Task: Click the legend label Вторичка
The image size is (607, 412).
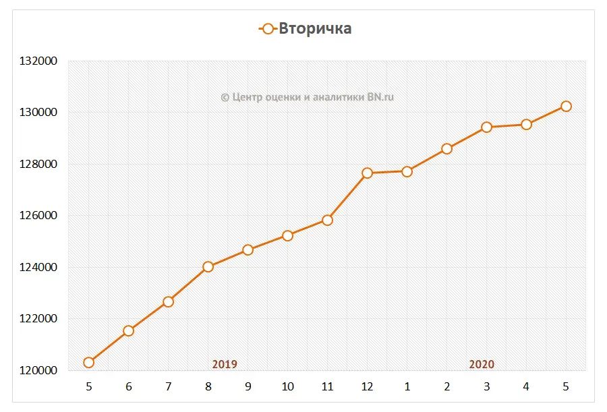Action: pos(315,28)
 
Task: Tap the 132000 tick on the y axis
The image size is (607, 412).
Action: pos(38,61)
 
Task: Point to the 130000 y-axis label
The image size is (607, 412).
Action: pos(38,113)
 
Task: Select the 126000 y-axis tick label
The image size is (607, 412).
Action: pos(38,216)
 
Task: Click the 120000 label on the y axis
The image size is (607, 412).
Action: pos(38,371)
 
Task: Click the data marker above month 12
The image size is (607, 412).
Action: pos(367,173)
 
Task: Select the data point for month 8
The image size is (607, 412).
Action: pos(208,266)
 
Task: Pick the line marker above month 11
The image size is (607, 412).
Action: pos(327,220)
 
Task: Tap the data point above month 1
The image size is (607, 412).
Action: pos(407,171)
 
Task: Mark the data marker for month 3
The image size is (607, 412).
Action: pos(486,127)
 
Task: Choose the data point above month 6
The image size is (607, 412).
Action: pos(128,330)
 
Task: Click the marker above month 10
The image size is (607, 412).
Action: pos(287,235)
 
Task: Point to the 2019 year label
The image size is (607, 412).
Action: pos(225,364)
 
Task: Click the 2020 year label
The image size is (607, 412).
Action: pos(482,364)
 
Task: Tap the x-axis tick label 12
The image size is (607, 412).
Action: pos(367,387)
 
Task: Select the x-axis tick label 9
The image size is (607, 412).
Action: pos(248,387)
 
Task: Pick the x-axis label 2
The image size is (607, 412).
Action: pos(446,387)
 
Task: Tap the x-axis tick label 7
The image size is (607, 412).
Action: pos(168,387)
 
